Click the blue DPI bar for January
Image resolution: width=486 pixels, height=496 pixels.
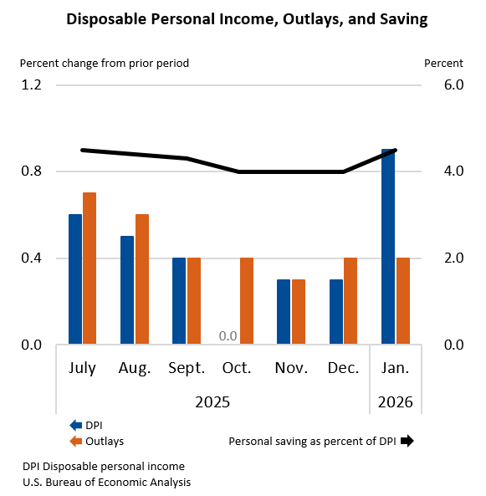pyautogui.click(x=387, y=247)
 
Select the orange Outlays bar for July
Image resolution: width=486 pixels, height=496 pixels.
pyautogui.click(x=89, y=268)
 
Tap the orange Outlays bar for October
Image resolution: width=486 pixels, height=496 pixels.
pyautogui.click(x=246, y=300)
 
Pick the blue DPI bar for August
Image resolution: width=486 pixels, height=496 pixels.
pyautogui.click(x=127, y=289)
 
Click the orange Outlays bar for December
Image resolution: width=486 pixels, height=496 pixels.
pyautogui.click(x=350, y=300)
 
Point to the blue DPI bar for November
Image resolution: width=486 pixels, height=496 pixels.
pyautogui.click(x=284, y=311)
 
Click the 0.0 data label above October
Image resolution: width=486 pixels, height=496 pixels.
pyautogui.click(x=228, y=336)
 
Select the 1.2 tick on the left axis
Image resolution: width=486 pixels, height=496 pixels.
pyautogui.click(x=31, y=85)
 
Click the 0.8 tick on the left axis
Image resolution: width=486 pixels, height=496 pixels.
pyautogui.click(x=31, y=171)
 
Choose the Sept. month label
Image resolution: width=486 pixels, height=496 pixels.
pyautogui.click(x=187, y=369)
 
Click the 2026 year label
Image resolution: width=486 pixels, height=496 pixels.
pyautogui.click(x=396, y=402)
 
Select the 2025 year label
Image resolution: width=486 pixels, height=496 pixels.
pyautogui.click(x=212, y=402)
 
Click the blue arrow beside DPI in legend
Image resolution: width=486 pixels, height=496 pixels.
pyautogui.click(x=75, y=425)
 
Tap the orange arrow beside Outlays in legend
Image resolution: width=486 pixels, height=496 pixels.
pyautogui.click(x=75, y=441)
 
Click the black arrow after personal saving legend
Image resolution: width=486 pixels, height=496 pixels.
pyautogui.click(x=407, y=441)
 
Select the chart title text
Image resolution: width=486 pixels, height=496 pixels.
pyautogui.click(x=243, y=19)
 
